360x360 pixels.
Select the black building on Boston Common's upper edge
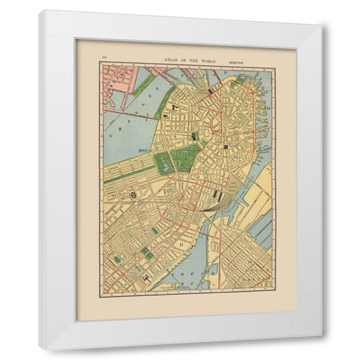[194, 136]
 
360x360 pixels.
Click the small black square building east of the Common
[226, 149]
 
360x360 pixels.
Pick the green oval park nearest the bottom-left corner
[117, 259]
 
